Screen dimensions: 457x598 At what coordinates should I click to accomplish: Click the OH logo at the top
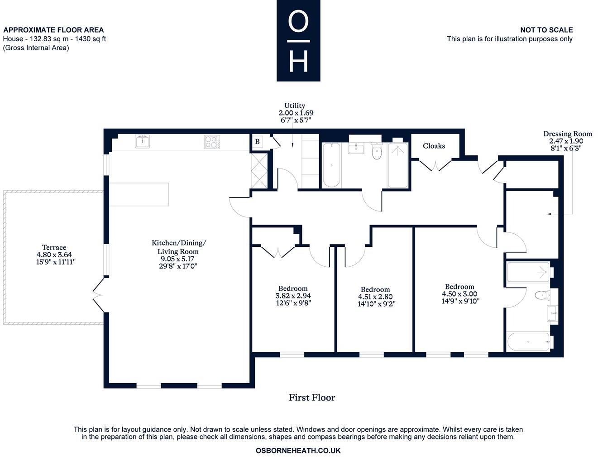298,41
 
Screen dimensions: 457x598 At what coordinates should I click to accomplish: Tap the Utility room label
295,106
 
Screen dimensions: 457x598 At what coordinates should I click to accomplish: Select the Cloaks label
434,146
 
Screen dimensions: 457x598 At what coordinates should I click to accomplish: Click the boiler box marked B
257,142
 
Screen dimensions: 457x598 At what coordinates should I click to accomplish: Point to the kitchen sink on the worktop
142,142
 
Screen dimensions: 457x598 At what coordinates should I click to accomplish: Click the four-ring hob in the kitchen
211,142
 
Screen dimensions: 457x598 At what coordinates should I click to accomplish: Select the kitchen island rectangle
139,194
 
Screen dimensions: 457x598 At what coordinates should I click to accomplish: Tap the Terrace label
54,247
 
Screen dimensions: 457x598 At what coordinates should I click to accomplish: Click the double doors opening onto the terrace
99,295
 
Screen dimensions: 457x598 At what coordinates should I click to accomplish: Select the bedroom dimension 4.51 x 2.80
375,297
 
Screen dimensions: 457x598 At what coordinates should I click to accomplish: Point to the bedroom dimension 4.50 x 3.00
459,293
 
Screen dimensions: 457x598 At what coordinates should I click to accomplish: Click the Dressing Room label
567,134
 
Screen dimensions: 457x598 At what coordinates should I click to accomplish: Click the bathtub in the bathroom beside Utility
331,165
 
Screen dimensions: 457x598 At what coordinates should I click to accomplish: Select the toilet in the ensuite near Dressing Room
541,296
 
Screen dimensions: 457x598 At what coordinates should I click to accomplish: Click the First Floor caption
312,398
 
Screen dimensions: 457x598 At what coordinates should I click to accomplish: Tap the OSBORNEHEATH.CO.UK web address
298,451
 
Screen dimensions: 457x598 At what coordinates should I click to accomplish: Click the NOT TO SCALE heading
546,30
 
